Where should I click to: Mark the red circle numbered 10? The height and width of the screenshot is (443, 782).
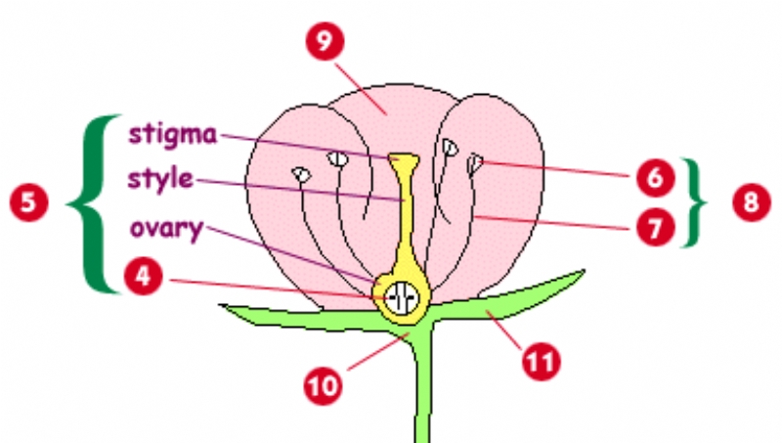pos(324,382)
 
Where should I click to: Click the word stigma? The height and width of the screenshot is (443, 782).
pos(170,135)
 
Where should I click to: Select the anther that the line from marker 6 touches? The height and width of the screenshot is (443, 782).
pos(475,163)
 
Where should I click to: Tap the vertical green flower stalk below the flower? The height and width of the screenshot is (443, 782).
pos(421,391)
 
